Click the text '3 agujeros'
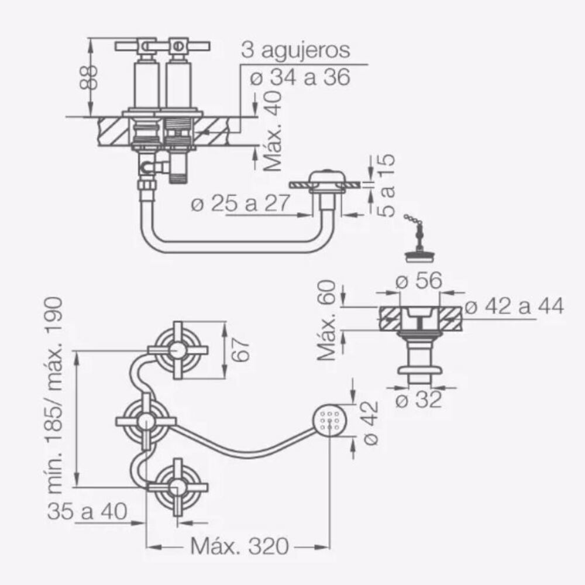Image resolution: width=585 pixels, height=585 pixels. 295,50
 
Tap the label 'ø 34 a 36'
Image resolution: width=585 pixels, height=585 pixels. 300,77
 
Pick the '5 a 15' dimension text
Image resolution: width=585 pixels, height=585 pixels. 387,185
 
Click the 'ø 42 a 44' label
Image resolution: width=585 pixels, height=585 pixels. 514,307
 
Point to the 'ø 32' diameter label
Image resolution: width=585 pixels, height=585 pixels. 419,401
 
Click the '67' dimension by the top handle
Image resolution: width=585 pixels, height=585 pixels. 243,350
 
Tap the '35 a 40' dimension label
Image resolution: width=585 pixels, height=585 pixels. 88,512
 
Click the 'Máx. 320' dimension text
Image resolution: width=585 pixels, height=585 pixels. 240,547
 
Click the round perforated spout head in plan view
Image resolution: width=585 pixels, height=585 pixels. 331,421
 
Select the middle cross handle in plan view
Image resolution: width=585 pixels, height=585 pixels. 146,421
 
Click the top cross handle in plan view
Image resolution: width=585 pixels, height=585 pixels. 178,350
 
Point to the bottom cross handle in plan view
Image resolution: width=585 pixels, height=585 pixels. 178,487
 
